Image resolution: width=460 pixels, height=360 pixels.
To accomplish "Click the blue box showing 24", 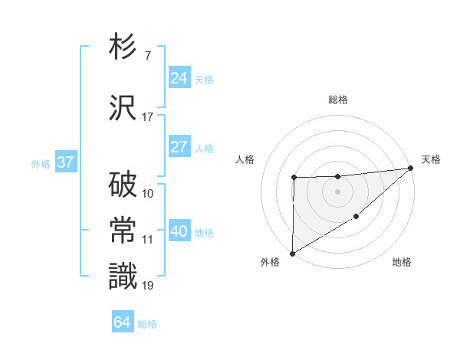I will coord(179,78).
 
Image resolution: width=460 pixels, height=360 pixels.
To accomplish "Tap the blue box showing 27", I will coord(179,147).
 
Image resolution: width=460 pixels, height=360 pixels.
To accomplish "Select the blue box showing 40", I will coord(179,231).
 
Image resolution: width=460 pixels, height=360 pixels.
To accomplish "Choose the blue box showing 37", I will coord(65,162).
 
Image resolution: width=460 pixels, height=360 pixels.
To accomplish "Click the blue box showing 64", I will coord(123,322).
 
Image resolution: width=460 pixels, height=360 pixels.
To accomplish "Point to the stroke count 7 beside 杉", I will coord(147,55).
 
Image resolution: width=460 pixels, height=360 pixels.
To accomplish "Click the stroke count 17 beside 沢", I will coord(147,116).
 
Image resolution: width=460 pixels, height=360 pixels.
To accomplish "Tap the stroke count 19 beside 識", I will coord(147,286).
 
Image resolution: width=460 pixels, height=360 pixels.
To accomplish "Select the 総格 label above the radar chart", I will coord(338,100).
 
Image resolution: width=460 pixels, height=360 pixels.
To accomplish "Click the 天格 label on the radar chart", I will coord(432,159).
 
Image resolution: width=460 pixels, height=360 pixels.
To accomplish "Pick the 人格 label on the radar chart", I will coord(245,159).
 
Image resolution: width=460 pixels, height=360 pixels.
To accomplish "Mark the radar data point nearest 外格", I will coord(292,253).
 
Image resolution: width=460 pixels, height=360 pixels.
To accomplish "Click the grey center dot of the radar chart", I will coord(338,191).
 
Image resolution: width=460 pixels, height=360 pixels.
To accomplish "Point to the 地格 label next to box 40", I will coord(204,233).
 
